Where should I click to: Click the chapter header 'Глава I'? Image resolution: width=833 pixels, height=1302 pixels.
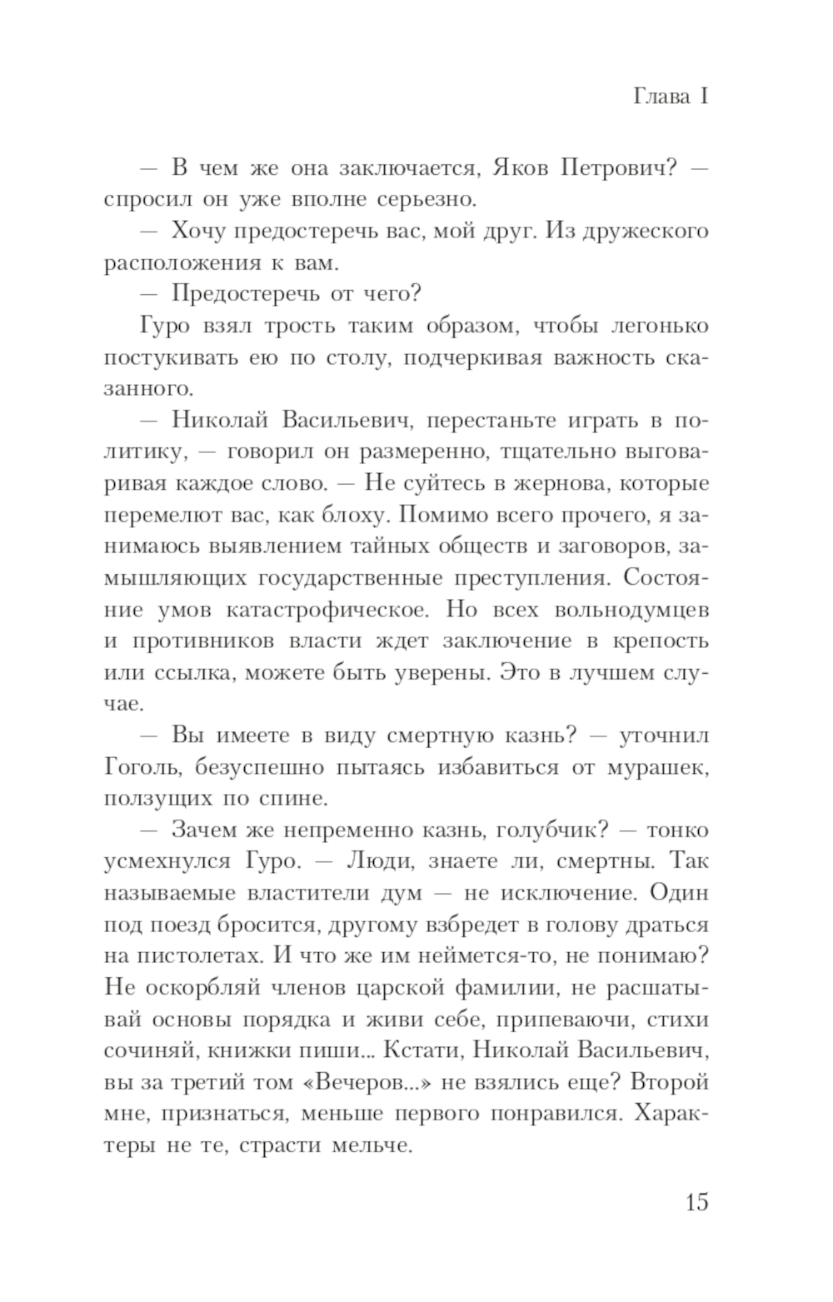coord(670,97)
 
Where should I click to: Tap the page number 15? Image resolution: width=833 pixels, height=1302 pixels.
coord(696,1202)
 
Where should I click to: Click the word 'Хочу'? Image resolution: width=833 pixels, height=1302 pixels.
coord(199,231)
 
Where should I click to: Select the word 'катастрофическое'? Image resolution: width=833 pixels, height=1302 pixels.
coord(327,610)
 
